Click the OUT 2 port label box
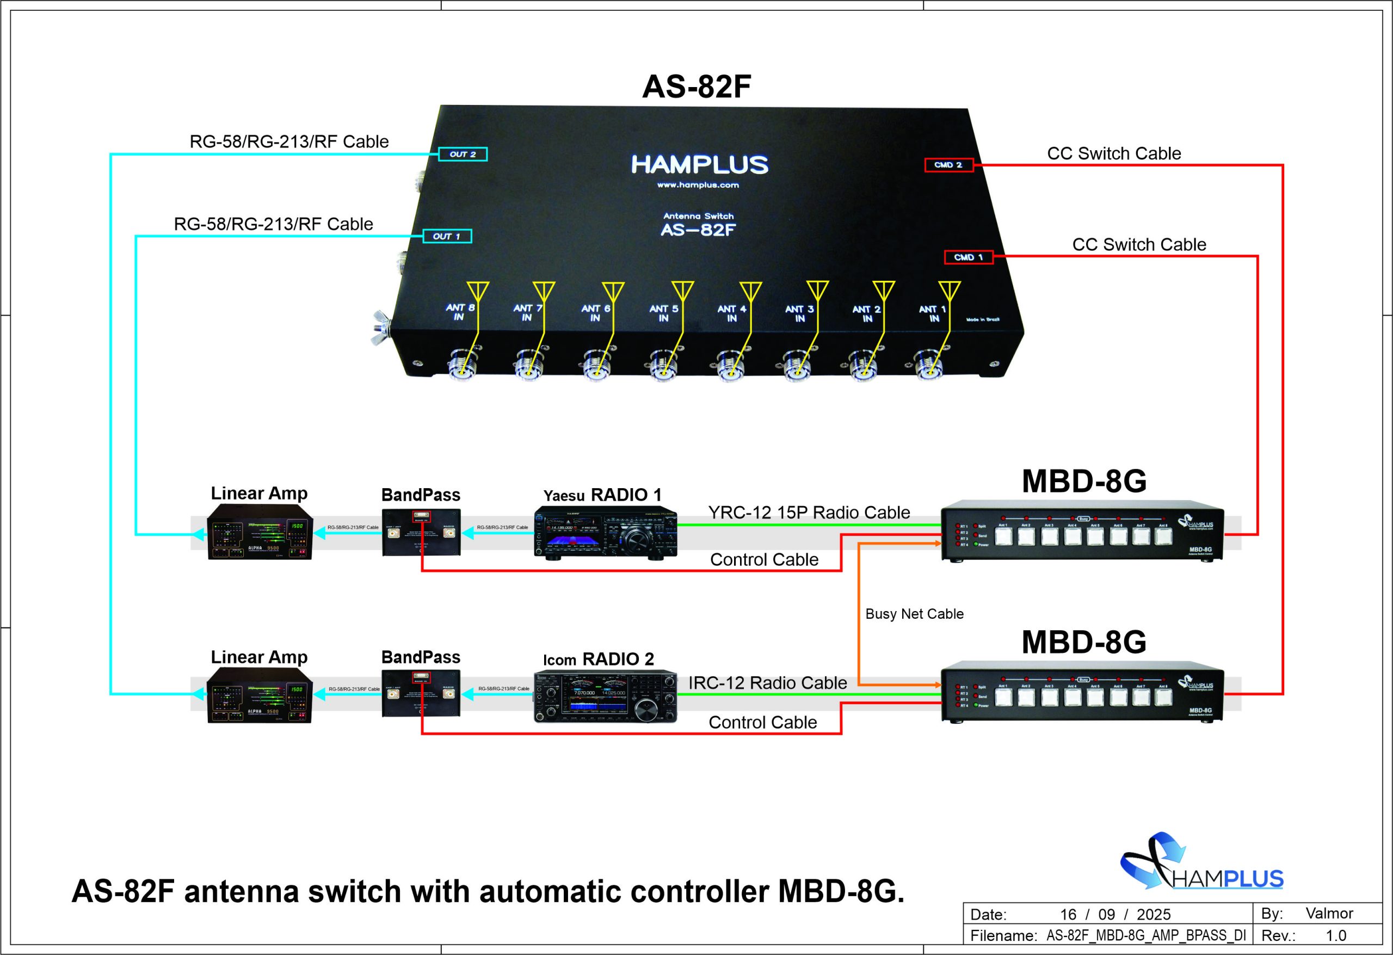tap(462, 154)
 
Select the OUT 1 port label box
tap(447, 236)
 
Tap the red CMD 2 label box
tap(948, 165)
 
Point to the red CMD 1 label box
tap(968, 257)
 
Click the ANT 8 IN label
tap(460, 312)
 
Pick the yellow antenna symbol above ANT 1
tap(949, 291)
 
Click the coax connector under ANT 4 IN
tap(731, 366)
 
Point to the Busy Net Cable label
tap(914, 614)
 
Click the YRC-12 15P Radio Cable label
tap(809, 513)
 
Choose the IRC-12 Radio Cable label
tap(767, 683)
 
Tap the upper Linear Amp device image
tap(260, 532)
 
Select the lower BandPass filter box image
tap(421, 695)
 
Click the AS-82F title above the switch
tap(696, 87)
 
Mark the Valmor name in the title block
tap(1329, 913)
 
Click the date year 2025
tap(1153, 914)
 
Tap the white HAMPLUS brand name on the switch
tap(699, 164)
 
